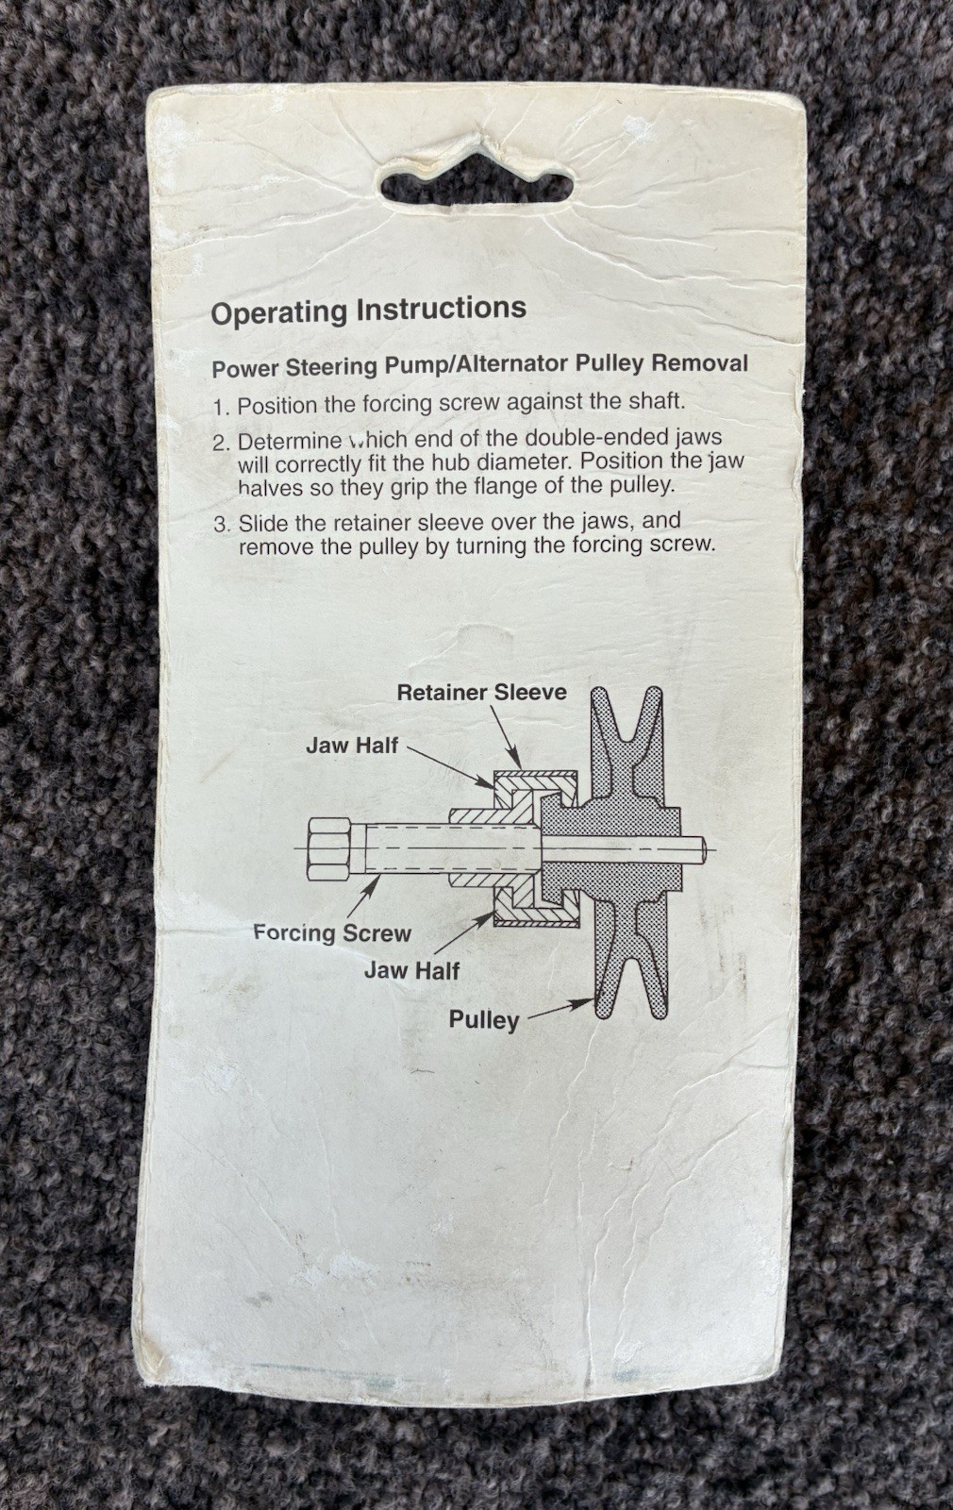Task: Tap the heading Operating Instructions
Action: pos(369,310)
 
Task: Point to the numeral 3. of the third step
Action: pos(223,524)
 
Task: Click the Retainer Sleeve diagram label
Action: pos(482,692)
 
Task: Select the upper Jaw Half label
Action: pos(352,745)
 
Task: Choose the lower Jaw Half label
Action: pos(411,970)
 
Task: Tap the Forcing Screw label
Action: pos(332,933)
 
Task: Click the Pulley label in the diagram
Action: pos(484,1020)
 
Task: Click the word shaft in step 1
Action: pos(657,402)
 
